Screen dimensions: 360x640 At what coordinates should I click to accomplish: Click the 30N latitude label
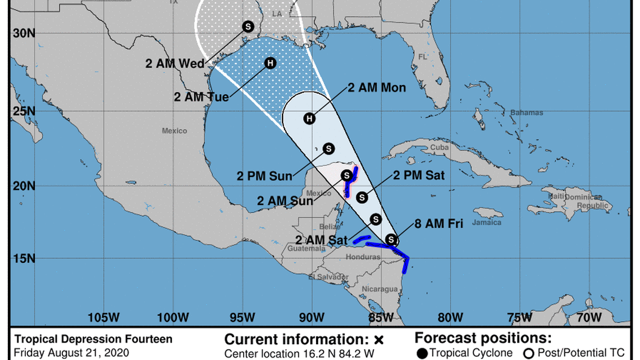click(x=24, y=33)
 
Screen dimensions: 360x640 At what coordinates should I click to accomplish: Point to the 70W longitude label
click(x=589, y=317)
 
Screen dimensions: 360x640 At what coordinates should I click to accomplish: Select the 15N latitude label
click(x=24, y=259)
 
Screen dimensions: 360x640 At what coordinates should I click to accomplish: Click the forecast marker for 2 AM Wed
click(x=248, y=26)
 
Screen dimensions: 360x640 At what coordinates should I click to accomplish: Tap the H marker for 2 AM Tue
click(x=270, y=63)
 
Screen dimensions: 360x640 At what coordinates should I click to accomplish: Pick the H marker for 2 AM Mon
click(x=309, y=119)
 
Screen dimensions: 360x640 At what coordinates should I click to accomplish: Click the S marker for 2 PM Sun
click(x=328, y=148)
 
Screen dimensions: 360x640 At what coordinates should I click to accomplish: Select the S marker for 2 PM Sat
click(x=362, y=197)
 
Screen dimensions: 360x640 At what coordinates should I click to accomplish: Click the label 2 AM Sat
click(x=322, y=241)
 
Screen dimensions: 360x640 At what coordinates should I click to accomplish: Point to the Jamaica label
click(x=487, y=222)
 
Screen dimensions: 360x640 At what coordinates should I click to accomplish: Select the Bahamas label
click(x=526, y=113)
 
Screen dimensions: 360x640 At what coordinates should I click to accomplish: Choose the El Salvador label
click(x=328, y=277)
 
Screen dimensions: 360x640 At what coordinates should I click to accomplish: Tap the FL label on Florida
click(x=422, y=57)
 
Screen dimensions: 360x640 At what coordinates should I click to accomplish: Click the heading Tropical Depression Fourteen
click(x=93, y=339)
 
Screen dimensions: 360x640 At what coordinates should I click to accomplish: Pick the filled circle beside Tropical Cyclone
click(x=422, y=353)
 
